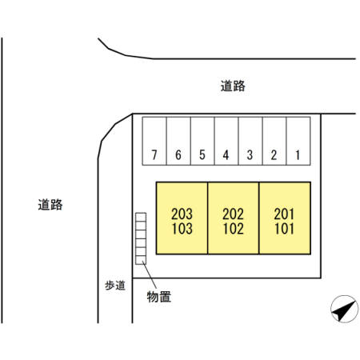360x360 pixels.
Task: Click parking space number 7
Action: click(154, 141)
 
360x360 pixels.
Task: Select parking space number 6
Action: click(178, 141)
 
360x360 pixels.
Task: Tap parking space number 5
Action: click(202, 141)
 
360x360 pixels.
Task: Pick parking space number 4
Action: click(226, 141)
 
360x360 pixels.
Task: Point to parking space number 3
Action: click(250, 141)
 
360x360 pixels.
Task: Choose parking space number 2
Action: click(274, 141)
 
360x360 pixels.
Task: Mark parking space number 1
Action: click(298, 141)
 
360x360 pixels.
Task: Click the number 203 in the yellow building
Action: click(182, 214)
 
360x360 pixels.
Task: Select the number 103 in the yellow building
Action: click(182, 229)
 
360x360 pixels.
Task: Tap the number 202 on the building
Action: click(233, 214)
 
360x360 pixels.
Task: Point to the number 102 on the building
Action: click(234, 229)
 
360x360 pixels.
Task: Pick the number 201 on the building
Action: click(284, 214)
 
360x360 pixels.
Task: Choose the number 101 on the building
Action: click(284, 229)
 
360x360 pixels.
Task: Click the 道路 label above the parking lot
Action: click(233, 86)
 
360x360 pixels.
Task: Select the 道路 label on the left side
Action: click(50, 205)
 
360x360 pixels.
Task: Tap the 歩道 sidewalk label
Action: click(115, 286)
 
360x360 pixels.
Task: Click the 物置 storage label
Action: click(159, 297)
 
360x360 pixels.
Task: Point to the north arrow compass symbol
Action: click(344, 309)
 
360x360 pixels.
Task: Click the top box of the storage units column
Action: click(141, 217)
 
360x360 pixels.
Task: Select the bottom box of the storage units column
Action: click(141, 260)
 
